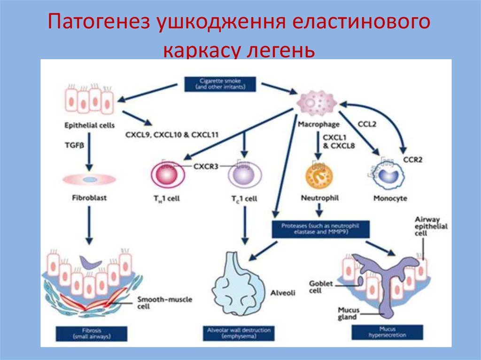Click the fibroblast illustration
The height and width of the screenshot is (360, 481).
(x=89, y=179)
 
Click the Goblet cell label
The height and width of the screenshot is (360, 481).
(x=320, y=287)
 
